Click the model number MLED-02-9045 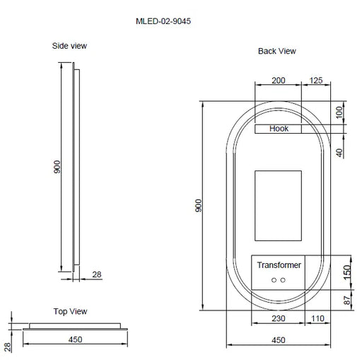click(x=163, y=21)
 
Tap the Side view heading click(x=70, y=46)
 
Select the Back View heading click(x=277, y=52)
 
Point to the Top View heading click(x=71, y=311)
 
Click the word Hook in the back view click(x=279, y=129)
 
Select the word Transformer click(x=279, y=265)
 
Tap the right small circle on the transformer click(x=283, y=281)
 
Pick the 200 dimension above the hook click(x=279, y=81)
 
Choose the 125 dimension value click(x=315, y=81)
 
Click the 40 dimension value click(x=339, y=151)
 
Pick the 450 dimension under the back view click(x=278, y=340)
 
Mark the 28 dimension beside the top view click(x=6, y=346)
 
